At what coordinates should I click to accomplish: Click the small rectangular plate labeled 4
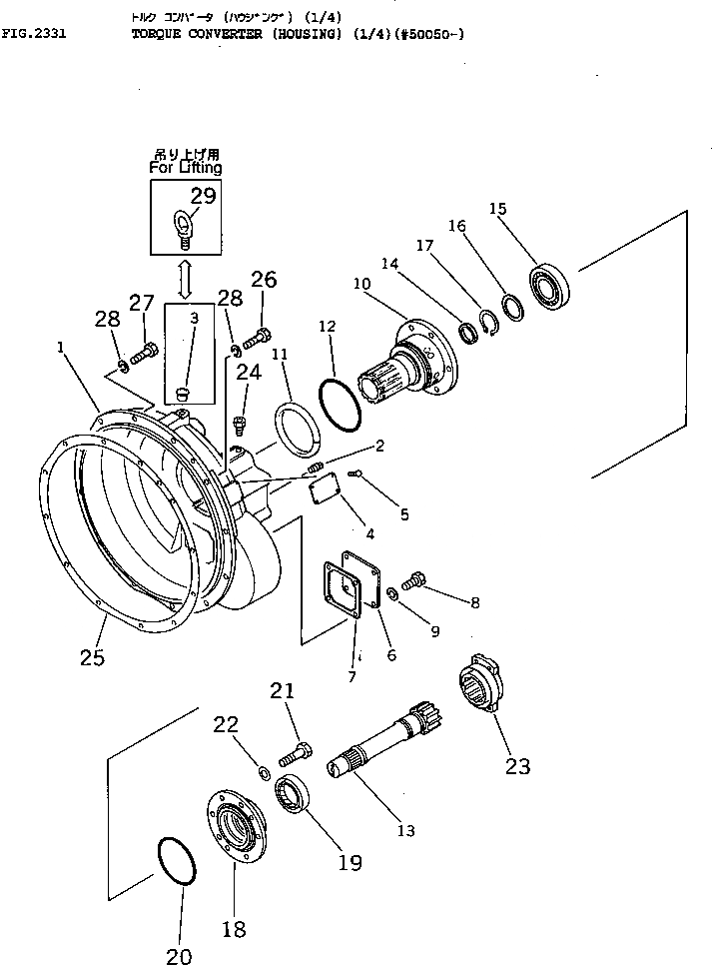(324, 490)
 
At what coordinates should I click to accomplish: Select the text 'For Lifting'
(186, 169)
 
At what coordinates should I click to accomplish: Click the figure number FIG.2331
(34, 33)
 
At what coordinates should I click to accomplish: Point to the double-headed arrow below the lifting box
(185, 279)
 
